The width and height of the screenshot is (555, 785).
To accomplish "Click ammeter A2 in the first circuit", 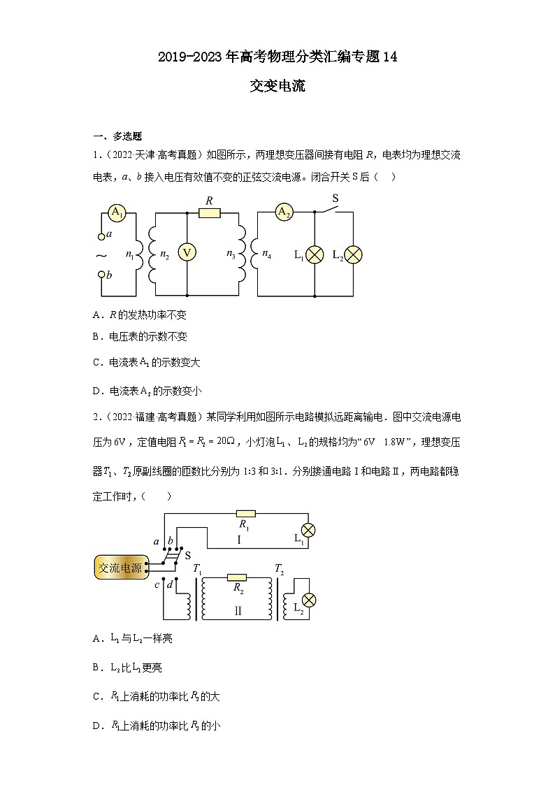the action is click(283, 213).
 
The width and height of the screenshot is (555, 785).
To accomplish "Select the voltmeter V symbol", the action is click(187, 253).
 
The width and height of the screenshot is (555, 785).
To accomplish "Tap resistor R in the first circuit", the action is click(209, 213).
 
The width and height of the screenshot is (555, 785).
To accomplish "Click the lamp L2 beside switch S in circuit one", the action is click(354, 254).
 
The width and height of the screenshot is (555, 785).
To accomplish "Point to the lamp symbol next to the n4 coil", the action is click(315, 254).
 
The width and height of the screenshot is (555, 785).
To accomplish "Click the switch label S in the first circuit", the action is click(335, 199).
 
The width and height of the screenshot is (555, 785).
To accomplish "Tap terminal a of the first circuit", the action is click(102, 235).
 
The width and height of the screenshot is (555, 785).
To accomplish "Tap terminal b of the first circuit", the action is click(102, 275).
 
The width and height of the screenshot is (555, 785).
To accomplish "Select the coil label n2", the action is click(164, 256).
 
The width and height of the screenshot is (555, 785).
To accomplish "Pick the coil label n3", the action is click(231, 256).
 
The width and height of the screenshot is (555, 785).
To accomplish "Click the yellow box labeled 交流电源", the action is click(120, 568).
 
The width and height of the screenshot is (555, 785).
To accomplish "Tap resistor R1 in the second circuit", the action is click(246, 512).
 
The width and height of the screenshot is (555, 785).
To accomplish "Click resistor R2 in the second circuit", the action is click(238, 577).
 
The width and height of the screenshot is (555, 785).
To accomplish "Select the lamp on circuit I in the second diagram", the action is click(307, 529).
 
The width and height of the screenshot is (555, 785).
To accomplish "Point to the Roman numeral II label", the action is click(238, 610).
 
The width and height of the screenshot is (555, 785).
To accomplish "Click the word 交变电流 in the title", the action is click(277, 87).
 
